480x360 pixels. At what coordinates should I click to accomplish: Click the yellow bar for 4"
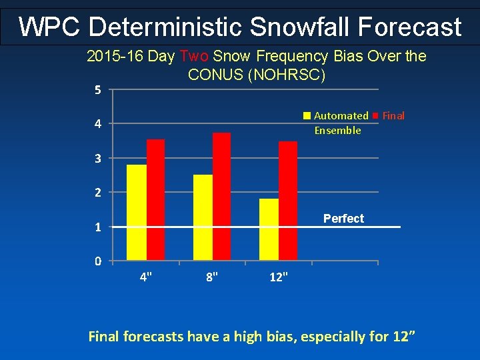(x=136, y=212)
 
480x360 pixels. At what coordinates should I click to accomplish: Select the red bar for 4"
(x=155, y=199)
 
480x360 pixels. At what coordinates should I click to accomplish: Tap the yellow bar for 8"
(x=203, y=217)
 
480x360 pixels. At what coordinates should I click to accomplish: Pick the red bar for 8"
(x=221, y=196)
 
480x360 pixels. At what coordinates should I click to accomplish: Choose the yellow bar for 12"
(x=269, y=229)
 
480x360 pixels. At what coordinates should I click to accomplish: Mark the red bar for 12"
(x=288, y=201)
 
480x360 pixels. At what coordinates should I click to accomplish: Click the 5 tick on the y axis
(x=97, y=90)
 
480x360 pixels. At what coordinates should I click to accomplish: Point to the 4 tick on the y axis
(x=97, y=125)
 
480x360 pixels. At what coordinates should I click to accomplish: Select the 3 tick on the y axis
(x=97, y=159)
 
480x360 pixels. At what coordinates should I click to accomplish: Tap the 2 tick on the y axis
(x=97, y=193)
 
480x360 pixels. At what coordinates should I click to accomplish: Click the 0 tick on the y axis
(x=97, y=261)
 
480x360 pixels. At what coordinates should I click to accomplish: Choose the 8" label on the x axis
(x=212, y=277)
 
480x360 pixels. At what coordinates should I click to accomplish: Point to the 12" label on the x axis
(x=279, y=277)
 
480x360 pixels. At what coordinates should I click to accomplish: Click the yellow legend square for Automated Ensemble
(x=307, y=116)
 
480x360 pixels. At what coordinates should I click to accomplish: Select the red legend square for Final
(x=376, y=116)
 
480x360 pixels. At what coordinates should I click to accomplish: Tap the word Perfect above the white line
(x=343, y=219)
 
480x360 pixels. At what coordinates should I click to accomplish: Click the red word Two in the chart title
(x=193, y=57)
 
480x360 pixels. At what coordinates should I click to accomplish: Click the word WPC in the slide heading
(x=49, y=27)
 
